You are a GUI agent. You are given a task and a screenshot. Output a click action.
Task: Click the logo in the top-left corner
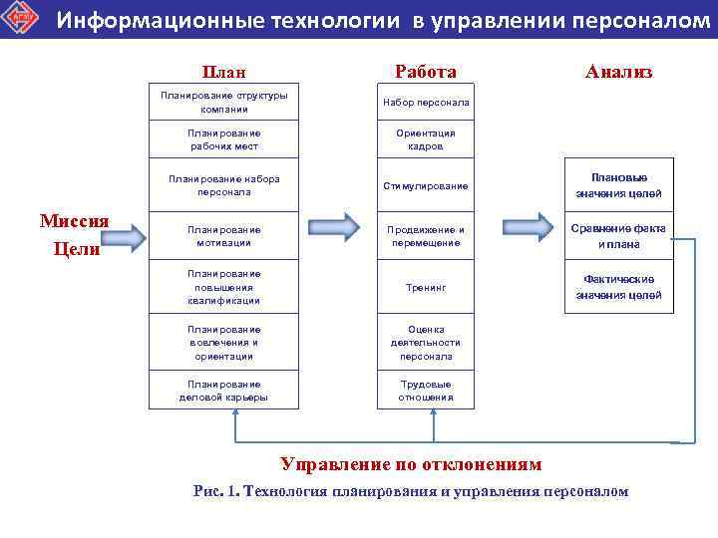(20, 20)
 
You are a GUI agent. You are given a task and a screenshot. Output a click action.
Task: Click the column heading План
(224, 72)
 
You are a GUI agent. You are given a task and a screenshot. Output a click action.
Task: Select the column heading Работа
(426, 72)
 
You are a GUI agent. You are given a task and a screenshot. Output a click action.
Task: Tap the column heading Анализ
(619, 72)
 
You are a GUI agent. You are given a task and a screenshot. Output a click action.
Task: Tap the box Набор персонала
(426, 103)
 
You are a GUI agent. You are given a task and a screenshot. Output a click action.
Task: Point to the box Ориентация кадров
(426, 139)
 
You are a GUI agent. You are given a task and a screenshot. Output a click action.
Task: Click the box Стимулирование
(426, 185)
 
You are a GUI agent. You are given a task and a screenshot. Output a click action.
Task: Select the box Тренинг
(426, 287)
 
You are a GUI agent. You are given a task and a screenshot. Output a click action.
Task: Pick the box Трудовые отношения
(426, 390)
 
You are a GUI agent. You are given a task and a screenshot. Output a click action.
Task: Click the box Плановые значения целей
(619, 185)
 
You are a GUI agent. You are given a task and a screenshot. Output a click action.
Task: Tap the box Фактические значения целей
(619, 287)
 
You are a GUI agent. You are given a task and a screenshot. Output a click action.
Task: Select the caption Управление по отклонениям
(411, 464)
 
